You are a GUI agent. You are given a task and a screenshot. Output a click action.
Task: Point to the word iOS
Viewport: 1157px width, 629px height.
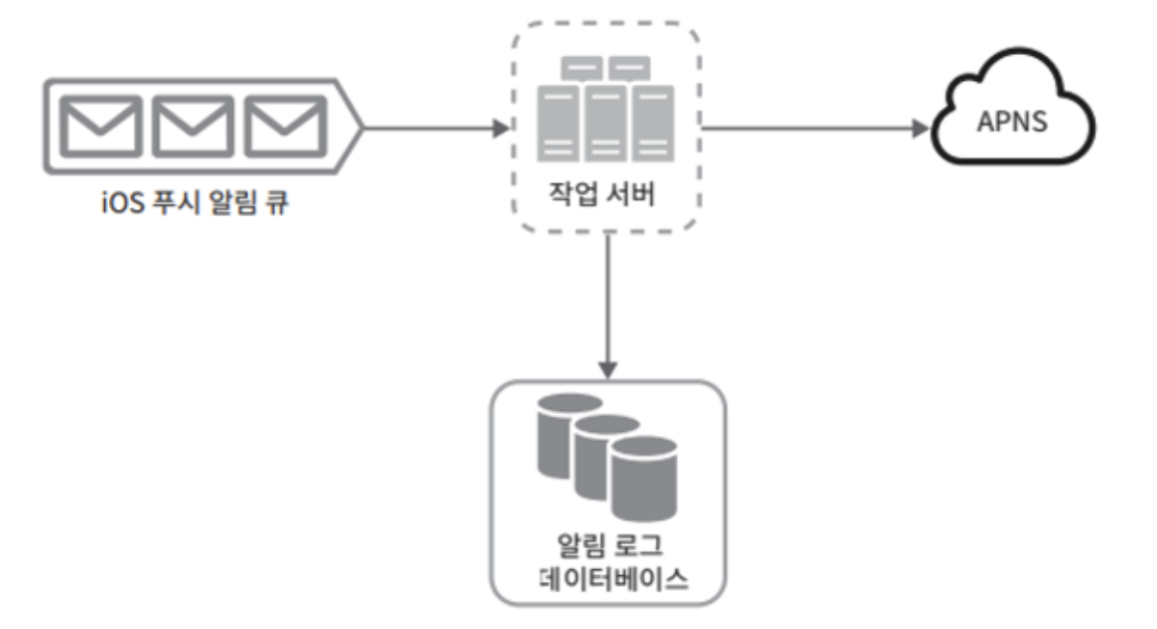click(x=121, y=204)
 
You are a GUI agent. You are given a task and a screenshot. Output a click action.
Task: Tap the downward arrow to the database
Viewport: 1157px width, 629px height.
click(x=606, y=309)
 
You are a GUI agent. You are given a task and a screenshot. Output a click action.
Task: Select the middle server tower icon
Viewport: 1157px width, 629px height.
click(x=604, y=124)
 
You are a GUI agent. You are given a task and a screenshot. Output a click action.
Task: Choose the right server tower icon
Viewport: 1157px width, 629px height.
click(x=650, y=124)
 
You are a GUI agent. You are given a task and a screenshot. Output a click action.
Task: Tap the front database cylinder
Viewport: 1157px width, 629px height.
click(x=644, y=478)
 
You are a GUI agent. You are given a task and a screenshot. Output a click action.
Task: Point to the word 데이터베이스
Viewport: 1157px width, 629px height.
click(x=605, y=579)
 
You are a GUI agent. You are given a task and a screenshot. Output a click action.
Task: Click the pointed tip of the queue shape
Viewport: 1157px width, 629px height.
click(x=358, y=126)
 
